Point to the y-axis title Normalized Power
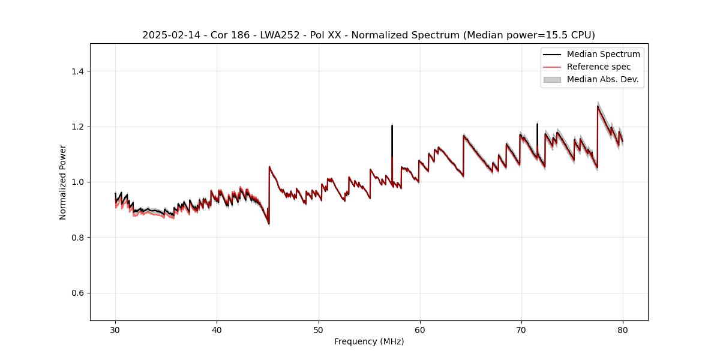click(x=63, y=182)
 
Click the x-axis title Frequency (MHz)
click(x=369, y=341)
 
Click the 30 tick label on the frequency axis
click(x=115, y=329)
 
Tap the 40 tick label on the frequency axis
click(x=217, y=329)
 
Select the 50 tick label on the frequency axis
click(x=318, y=329)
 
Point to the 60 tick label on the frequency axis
click(x=419, y=329)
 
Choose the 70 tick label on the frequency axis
click(x=521, y=329)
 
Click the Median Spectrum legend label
click(x=603, y=54)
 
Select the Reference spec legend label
click(x=599, y=67)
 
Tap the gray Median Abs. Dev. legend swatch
click(x=552, y=79)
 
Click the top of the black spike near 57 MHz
click(x=392, y=125)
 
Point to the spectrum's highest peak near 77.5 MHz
click(x=598, y=106)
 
